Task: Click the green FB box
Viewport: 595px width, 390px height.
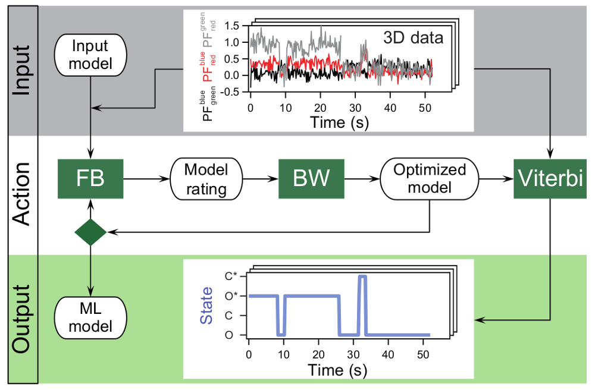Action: [90, 178]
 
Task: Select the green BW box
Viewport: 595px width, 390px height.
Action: [312, 178]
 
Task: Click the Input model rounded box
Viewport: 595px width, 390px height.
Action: [90, 54]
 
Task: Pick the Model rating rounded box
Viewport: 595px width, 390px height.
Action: [207, 178]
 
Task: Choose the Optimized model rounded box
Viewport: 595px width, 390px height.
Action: [430, 178]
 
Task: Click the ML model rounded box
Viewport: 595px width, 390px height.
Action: [90, 318]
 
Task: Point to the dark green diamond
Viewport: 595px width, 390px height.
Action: [90, 232]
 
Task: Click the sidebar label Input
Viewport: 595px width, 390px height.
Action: [22, 70]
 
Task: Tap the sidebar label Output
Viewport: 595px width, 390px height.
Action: [22, 320]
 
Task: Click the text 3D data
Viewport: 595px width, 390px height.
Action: [413, 39]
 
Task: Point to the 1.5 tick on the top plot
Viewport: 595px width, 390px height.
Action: [233, 26]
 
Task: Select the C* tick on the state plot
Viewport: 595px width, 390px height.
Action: [234, 276]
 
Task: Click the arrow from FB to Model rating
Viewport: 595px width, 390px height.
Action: [146, 178]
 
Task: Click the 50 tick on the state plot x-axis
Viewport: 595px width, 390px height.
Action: [424, 353]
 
